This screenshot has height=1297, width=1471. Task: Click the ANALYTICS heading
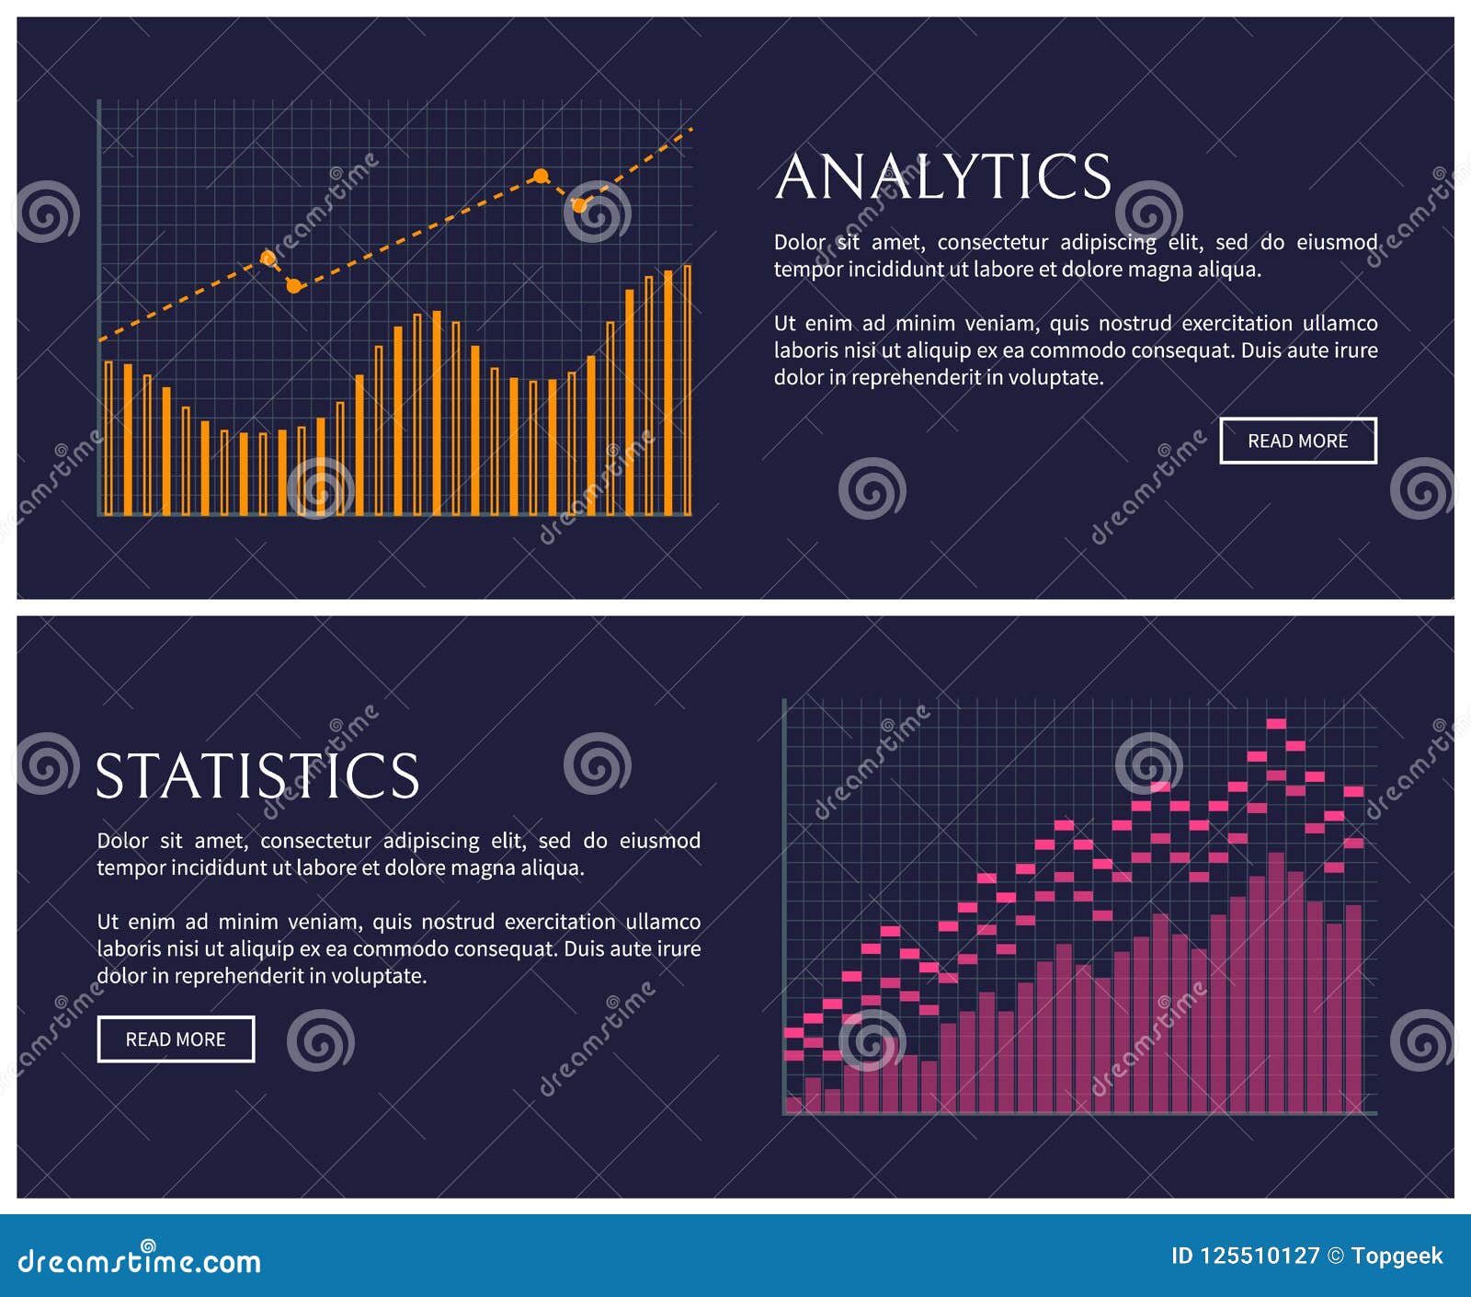943,177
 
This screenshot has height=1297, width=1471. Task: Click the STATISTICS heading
257,776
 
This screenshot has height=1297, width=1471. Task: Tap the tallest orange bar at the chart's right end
687,391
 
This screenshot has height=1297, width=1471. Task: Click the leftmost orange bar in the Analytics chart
108,438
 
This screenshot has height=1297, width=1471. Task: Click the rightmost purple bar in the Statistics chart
1353,1010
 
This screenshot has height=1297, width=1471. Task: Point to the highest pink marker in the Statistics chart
1276,724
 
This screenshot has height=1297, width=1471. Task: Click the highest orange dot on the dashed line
542,176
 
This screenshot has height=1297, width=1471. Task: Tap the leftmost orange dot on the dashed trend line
268,258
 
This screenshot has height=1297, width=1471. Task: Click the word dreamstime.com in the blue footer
140,1261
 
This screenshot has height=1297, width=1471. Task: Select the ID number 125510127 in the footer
1260,1257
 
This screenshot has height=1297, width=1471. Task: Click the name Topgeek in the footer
1397,1257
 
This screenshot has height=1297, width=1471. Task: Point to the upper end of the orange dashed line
690,130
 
